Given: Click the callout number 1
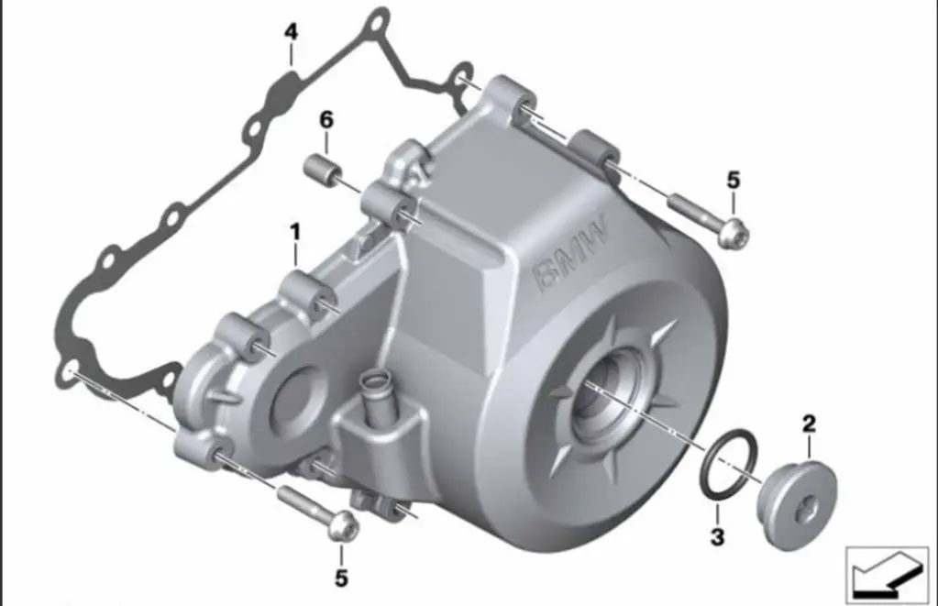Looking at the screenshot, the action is (x=295, y=233).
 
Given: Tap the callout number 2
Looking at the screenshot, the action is (x=809, y=424).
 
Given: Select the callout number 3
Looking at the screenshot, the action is (x=717, y=536).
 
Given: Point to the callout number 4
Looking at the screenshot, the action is (x=291, y=32).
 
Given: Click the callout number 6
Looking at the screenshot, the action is (x=326, y=120).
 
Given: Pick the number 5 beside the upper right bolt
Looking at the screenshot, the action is (x=734, y=180).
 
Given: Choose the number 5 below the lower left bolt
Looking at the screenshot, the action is (x=341, y=578).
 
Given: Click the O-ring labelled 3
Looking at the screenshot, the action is (x=728, y=462).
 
